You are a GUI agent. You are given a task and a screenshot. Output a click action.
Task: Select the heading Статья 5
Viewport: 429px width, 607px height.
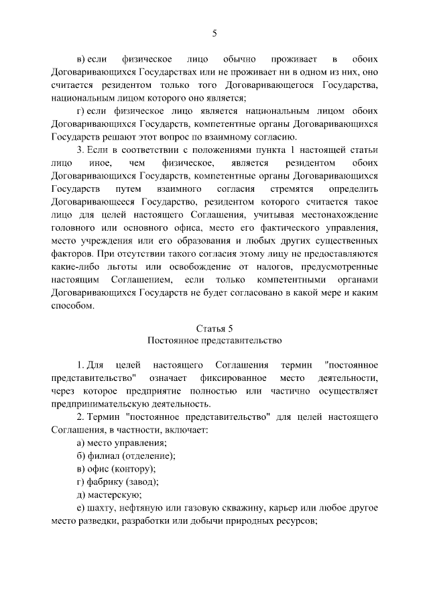pyautogui.click(x=214, y=328)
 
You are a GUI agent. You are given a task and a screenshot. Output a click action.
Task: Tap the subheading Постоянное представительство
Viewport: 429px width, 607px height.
pyautogui.click(x=214, y=341)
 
